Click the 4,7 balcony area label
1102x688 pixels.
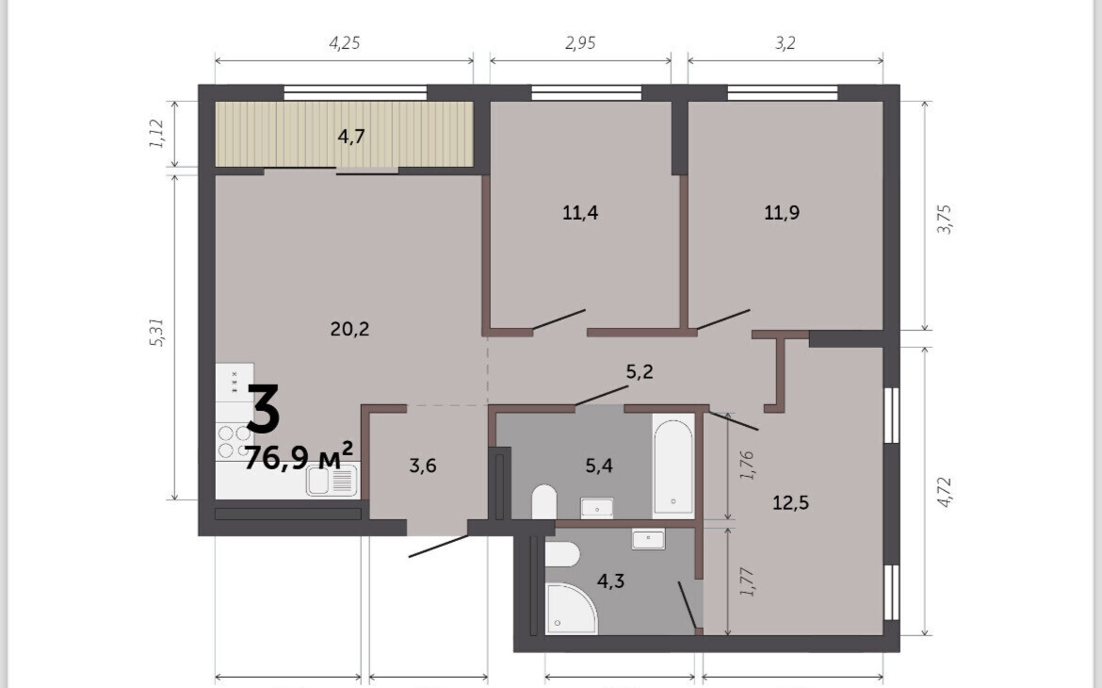pyautogui.click(x=350, y=136)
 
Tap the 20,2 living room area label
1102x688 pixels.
pyautogui.click(x=349, y=329)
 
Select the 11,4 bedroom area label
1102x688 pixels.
pyautogui.click(x=580, y=212)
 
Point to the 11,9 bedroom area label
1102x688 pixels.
pyautogui.click(x=782, y=212)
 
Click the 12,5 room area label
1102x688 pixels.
pyautogui.click(x=790, y=502)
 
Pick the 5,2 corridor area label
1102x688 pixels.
pyautogui.click(x=640, y=371)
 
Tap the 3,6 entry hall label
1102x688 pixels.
pyautogui.click(x=422, y=465)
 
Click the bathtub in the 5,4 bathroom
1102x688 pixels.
pyautogui.click(x=673, y=465)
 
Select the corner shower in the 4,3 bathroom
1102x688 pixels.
pyautogui.click(x=572, y=609)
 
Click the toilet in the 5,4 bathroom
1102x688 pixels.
pyautogui.click(x=544, y=501)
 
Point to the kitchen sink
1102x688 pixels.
pyautogui.click(x=332, y=482)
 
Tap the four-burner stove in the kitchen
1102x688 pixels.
pyautogui.click(x=234, y=440)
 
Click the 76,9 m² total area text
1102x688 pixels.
pyautogui.click(x=298, y=456)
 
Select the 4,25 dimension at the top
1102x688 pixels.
pyautogui.click(x=345, y=43)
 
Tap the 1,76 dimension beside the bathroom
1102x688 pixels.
pyautogui.click(x=747, y=465)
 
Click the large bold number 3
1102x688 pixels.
pyautogui.click(x=264, y=409)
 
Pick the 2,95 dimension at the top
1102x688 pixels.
pyautogui.click(x=580, y=43)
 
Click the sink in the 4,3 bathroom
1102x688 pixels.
pyautogui.click(x=648, y=540)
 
